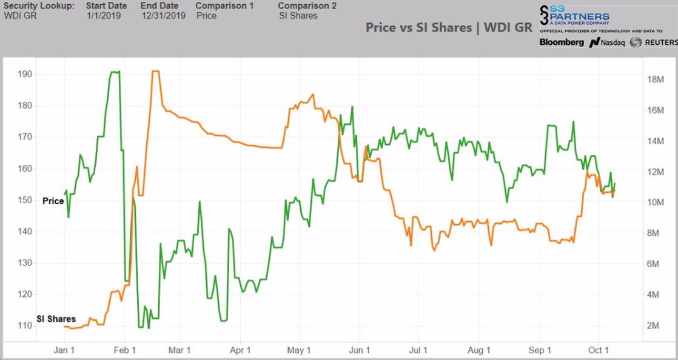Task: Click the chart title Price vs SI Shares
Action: tap(449, 28)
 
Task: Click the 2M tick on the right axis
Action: tap(653, 325)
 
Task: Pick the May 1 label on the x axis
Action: tap(299, 350)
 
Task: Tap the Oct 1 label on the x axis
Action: tap(598, 350)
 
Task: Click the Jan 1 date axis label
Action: tap(64, 350)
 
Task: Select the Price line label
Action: tap(53, 201)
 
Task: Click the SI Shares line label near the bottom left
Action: tap(56, 319)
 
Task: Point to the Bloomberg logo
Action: tap(562, 42)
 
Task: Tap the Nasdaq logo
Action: tap(606, 42)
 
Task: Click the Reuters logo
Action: tap(653, 42)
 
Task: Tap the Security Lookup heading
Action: tap(39, 5)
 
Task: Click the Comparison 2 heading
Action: tap(307, 5)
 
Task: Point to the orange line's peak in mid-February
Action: tap(155, 72)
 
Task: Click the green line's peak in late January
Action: tap(115, 72)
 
